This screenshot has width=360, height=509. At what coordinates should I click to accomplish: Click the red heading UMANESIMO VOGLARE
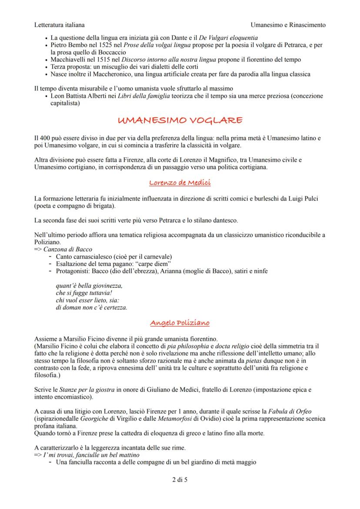[180, 120]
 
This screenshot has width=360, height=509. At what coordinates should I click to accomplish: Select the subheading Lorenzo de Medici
[180, 183]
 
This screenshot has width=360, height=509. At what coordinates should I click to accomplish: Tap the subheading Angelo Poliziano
[180, 323]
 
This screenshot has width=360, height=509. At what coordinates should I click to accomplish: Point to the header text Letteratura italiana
[60, 25]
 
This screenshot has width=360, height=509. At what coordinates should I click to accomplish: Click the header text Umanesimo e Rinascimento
[288, 25]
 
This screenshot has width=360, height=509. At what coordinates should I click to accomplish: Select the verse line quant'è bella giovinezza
[89, 286]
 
